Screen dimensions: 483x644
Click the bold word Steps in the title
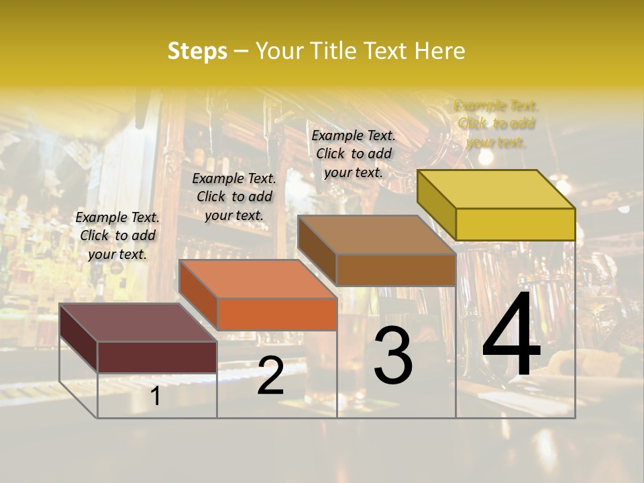click(x=197, y=51)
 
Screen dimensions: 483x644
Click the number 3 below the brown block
click(x=392, y=356)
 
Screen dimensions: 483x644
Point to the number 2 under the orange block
click(x=270, y=376)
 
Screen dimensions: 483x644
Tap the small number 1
click(x=156, y=396)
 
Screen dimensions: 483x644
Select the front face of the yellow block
click(x=515, y=224)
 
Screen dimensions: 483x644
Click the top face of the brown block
click(x=376, y=235)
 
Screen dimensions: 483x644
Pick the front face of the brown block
click(x=396, y=270)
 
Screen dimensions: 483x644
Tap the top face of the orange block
click(x=258, y=279)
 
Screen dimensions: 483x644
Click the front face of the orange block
click(x=277, y=314)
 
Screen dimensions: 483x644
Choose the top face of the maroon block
click(x=138, y=323)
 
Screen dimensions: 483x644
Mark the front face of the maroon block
click(x=157, y=357)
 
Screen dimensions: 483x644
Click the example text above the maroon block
click(x=117, y=235)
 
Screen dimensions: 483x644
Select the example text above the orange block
click(x=234, y=197)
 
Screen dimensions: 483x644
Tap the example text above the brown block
click(x=354, y=154)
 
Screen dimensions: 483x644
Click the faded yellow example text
click(x=496, y=123)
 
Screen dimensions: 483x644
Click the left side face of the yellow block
click(x=436, y=205)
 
